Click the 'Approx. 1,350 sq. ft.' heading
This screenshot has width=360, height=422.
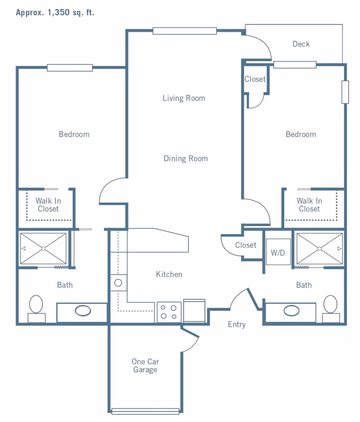tap(55, 12)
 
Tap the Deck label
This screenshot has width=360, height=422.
tap(301, 44)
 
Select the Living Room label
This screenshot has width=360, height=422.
tap(184, 98)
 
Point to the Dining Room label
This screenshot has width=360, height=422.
tap(186, 158)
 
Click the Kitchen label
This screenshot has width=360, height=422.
tap(169, 274)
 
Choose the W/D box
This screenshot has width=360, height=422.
tap(278, 252)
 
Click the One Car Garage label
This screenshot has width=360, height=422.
tap(145, 365)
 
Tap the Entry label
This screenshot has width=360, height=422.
tap(237, 324)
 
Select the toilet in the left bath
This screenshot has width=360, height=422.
tap(36, 309)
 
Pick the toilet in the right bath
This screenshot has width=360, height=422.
tap(331, 309)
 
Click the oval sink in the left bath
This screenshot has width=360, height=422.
tap(83, 311)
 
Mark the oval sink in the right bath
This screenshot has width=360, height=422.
tap(291, 311)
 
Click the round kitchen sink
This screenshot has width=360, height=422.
tap(118, 283)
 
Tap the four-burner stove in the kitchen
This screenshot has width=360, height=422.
tap(169, 312)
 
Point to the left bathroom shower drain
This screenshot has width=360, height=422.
tap(43, 249)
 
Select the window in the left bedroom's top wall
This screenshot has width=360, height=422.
tap(70, 68)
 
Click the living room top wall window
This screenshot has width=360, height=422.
tap(185, 31)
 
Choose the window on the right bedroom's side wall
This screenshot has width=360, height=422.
tap(345, 92)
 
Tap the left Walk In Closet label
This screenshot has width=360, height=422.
tap(48, 205)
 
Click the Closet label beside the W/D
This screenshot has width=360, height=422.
tap(246, 245)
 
